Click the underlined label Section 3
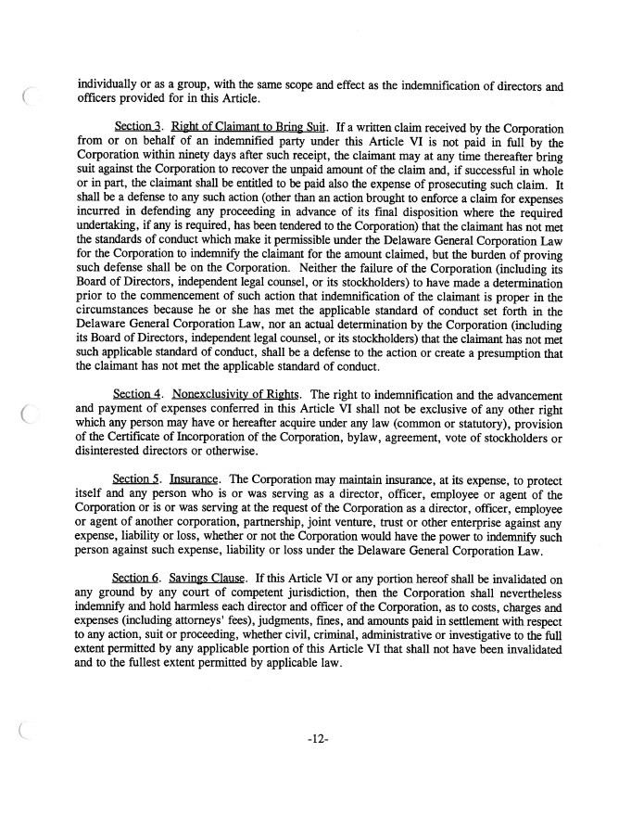tap(135, 124)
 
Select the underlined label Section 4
tap(135, 392)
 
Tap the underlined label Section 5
tap(135, 480)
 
